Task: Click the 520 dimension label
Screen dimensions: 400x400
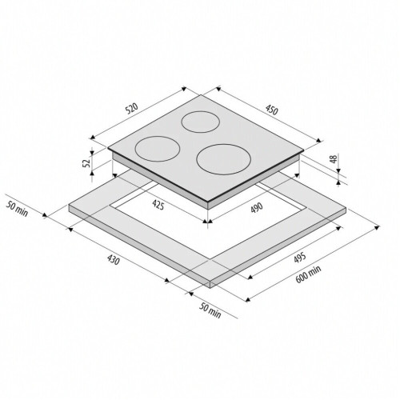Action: point(132,109)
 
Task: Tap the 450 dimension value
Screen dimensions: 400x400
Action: point(271,110)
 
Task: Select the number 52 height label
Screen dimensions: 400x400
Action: point(86,163)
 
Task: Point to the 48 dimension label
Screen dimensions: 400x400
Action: point(334,159)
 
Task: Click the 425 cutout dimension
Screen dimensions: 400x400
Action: point(158,205)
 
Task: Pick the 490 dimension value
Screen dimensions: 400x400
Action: point(257,208)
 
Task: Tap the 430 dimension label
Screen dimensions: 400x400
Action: point(113,260)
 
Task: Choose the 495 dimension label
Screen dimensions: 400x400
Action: point(299,258)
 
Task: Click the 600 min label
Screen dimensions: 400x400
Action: point(308,274)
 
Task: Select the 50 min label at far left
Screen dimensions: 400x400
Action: point(17,209)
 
